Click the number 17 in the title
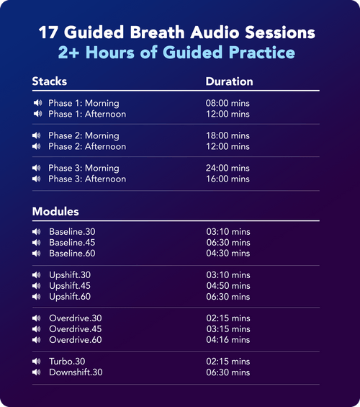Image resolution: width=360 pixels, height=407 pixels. tap(48, 33)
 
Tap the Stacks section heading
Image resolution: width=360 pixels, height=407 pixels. tap(50, 81)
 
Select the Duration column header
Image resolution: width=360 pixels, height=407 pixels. tap(229, 81)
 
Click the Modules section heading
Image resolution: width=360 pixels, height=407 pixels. tap(55, 212)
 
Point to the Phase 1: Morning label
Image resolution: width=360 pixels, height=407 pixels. tap(84, 104)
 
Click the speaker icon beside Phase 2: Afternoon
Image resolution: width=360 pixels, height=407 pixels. tap(37, 146)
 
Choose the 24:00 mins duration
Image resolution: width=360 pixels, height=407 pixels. tap(228, 169)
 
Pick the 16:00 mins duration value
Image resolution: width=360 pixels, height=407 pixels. tap(228, 179)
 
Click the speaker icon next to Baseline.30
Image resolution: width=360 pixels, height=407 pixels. tap(37, 232)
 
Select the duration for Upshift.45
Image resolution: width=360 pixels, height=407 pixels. tap(228, 286)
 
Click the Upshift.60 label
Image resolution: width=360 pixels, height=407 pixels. tap(70, 297)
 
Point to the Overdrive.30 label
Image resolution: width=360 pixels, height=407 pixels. tap(76, 318)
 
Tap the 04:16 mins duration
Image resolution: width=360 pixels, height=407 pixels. tap(228, 340)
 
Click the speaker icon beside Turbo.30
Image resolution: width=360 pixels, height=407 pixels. tap(37, 362)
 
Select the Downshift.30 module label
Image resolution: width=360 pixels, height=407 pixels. tap(76, 372)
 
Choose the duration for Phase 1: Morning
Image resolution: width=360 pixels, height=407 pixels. tap(228, 104)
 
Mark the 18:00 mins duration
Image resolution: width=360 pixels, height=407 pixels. tap(228, 135)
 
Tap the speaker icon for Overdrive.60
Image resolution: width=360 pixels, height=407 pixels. tap(37, 340)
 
